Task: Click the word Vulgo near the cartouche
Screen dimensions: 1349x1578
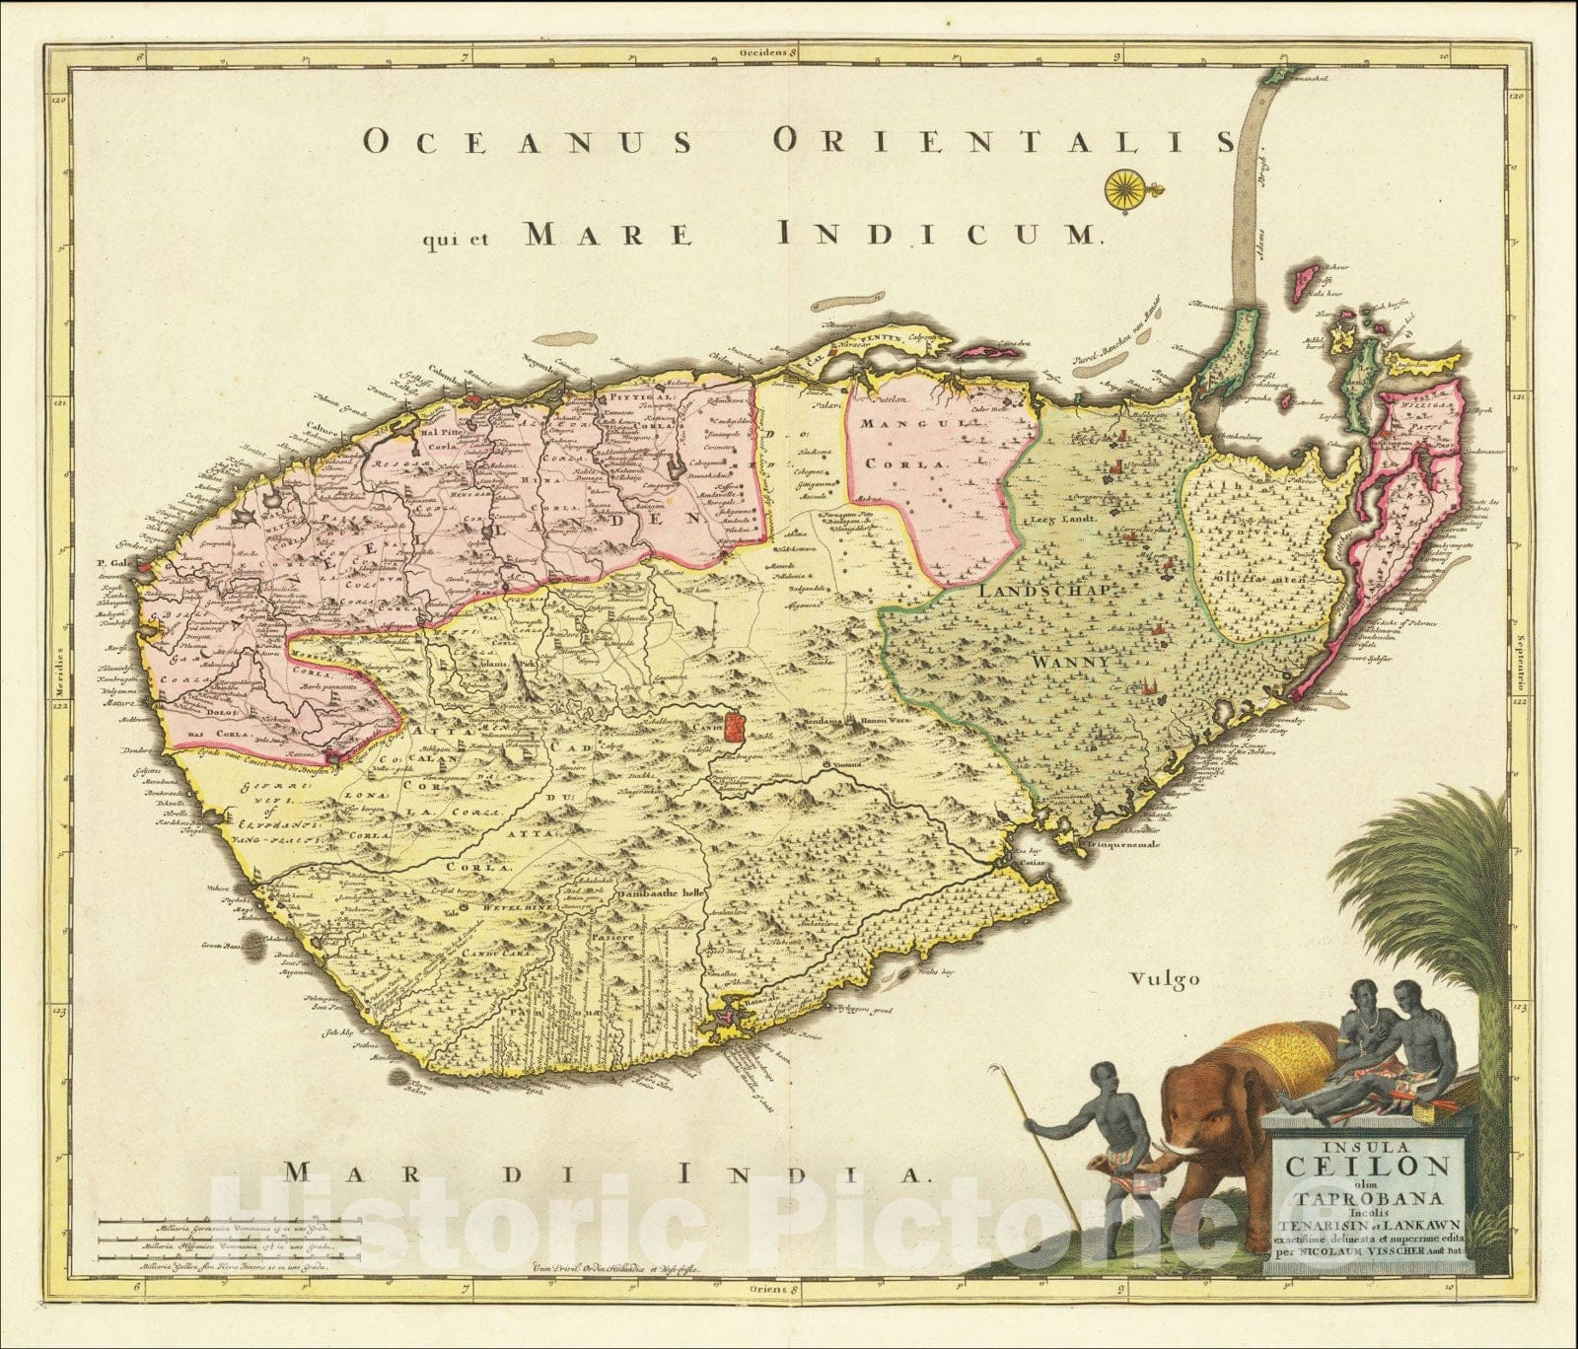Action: pyautogui.click(x=1165, y=979)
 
